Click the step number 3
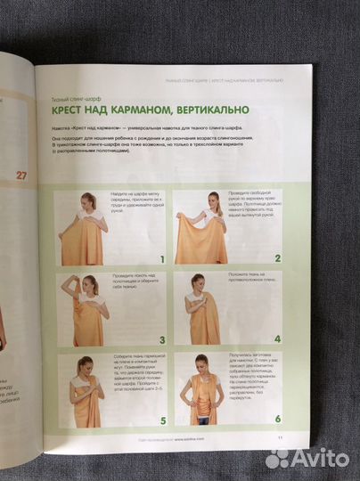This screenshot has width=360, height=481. pos(162,339)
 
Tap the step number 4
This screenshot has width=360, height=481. pos(277,339)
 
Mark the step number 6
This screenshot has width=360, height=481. pos(277,419)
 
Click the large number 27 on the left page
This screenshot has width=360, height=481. pos(20,175)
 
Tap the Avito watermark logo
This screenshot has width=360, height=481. pos(307,457)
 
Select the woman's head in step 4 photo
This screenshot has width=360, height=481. pos(198,281)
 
